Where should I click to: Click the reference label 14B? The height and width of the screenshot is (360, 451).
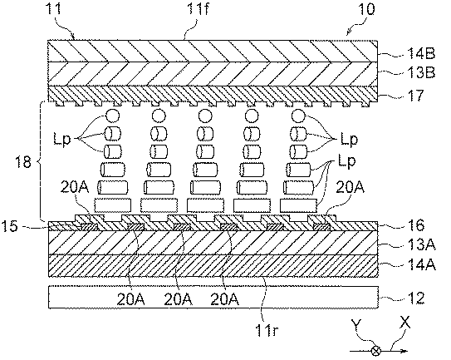pyautogui.click(x=421, y=54)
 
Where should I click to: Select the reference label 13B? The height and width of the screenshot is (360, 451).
pyautogui.click(x=421, y=72)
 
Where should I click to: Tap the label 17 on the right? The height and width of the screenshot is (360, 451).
pyautogui.click(x=415, y=96)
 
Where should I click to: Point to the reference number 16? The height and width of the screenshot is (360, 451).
pyautogui.click(x=415, y=225)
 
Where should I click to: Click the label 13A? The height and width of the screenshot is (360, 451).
pyautogui.click(x=421, y=244)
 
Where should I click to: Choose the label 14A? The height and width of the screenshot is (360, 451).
pyautogui.click(x=421, y=264)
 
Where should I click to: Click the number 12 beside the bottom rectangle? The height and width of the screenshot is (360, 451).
pyautogui.click(x=415, y=298)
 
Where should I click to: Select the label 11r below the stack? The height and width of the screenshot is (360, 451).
pyautogui.click(x=267, y=330)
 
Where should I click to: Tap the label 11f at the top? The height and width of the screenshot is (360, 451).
pyautogui.click(x=198, y=8)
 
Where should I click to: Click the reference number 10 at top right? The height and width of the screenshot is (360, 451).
pyautogui.click(x=366, y=8)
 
